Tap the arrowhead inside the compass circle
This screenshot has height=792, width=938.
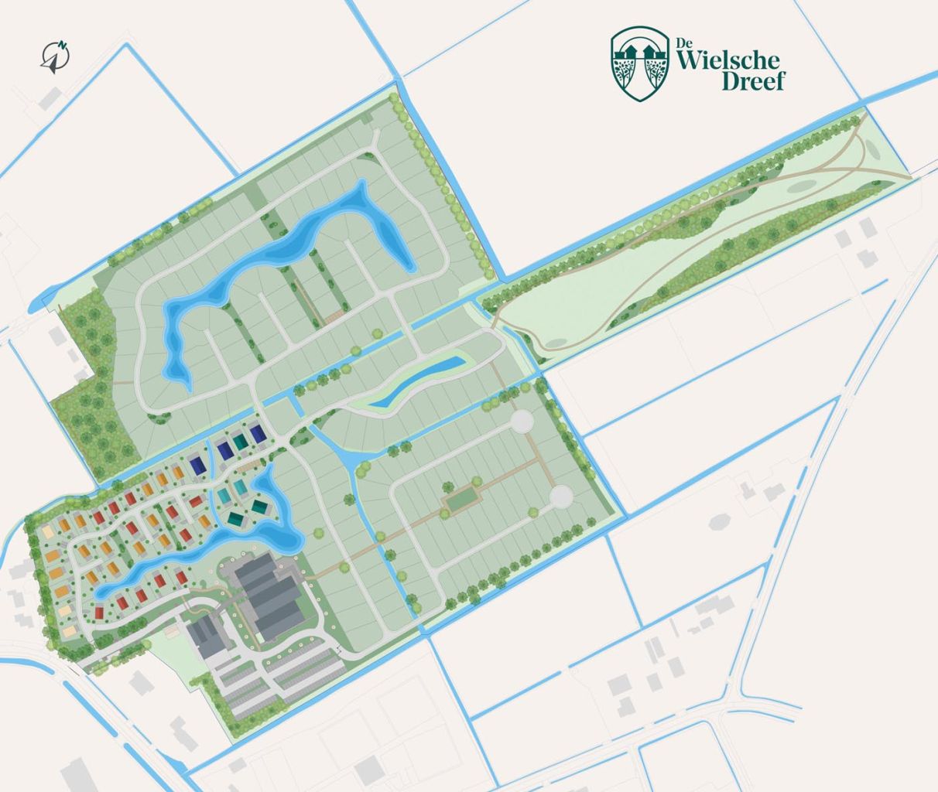[53, 64]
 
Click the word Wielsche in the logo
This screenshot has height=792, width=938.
[727, 61]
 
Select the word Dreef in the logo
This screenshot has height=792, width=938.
[752, 80]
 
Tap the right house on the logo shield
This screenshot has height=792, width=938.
[650, 50]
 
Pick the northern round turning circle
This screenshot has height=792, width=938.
[522, 422]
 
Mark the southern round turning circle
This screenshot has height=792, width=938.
[561, 495]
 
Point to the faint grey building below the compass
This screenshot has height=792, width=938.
[51, 98]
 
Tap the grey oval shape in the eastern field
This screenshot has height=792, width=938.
[719, 521]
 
